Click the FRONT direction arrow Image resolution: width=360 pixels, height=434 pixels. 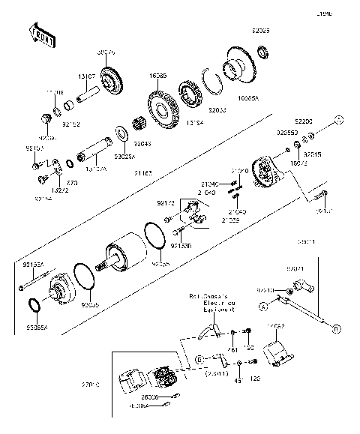pyautogui.click(x=40, y=35)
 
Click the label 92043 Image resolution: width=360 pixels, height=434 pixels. pyautogui.click(x=142, y=144)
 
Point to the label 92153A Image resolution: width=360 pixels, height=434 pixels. pyautogui.click(x=33, y=265)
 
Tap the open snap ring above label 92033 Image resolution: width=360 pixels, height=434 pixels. pyautogui.click(x=213, y=82)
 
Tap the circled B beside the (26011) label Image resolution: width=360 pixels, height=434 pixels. pyautogui.click(x=199, y=359)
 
